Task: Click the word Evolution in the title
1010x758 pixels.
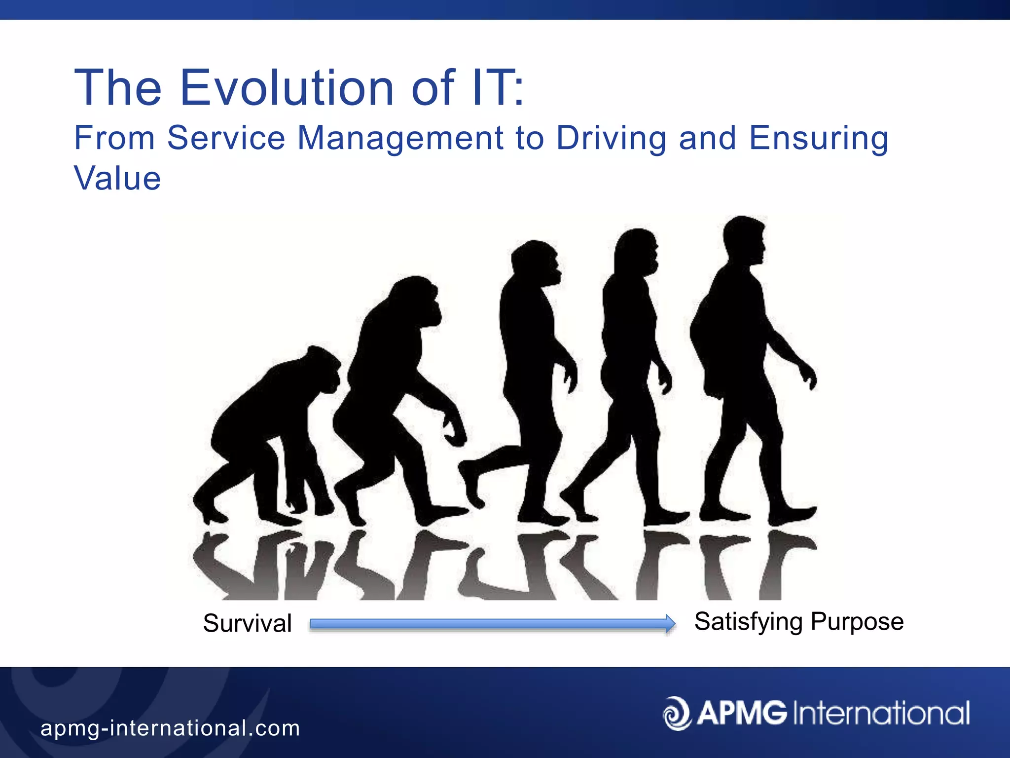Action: [287, 88]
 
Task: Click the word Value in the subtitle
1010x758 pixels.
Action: [117, 178]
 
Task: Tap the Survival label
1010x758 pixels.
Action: [247, 623]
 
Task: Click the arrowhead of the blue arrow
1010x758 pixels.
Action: [670, 624]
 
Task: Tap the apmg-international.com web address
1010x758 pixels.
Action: [170, 728]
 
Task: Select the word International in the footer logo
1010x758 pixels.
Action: [881, 713]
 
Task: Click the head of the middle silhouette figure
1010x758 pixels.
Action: [537, 262]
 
